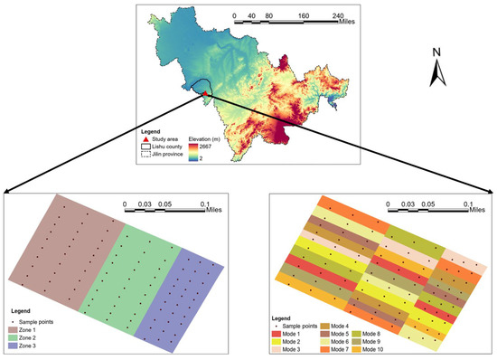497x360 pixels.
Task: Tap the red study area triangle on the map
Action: (x=206, y=92)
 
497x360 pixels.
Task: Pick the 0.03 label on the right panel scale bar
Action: (x=411, y=204)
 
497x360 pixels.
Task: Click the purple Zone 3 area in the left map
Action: (x=185, y=289)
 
